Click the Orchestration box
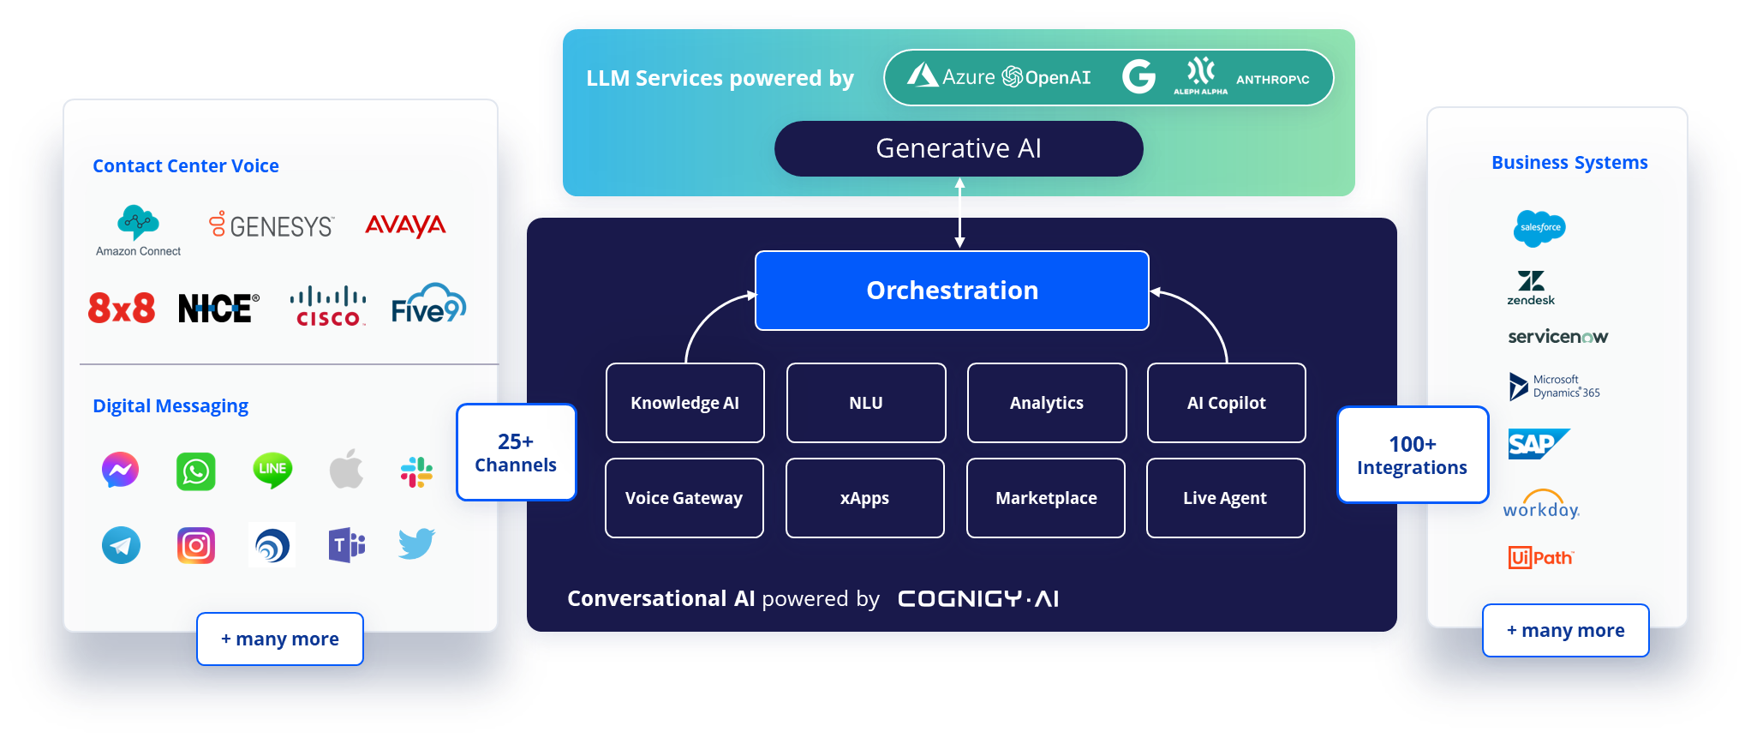(x=952, y=291)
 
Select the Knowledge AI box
(x=684, y=403)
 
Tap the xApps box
(x=864, y=498)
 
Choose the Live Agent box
(x=1225, y=498)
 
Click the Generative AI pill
(x=958, y=148)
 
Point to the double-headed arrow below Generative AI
(x=959, y=213)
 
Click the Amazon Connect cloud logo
(x=138, y=223)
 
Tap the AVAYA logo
(x=405, y=225)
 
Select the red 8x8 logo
(x=122, y=308)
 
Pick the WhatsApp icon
(x=195, y=471)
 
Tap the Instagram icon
(x=195, y=546)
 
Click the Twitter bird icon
(x=416, y=543)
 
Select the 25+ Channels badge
(x=516, y=453)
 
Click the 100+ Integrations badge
(x=1412, y=455)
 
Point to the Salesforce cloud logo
(x=1539, y=228)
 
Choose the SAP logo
(x=1537, y=444)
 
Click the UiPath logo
(x=1540, y=558)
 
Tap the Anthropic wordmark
(x=1272, y=80)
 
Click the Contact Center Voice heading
(x=186, y=166)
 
